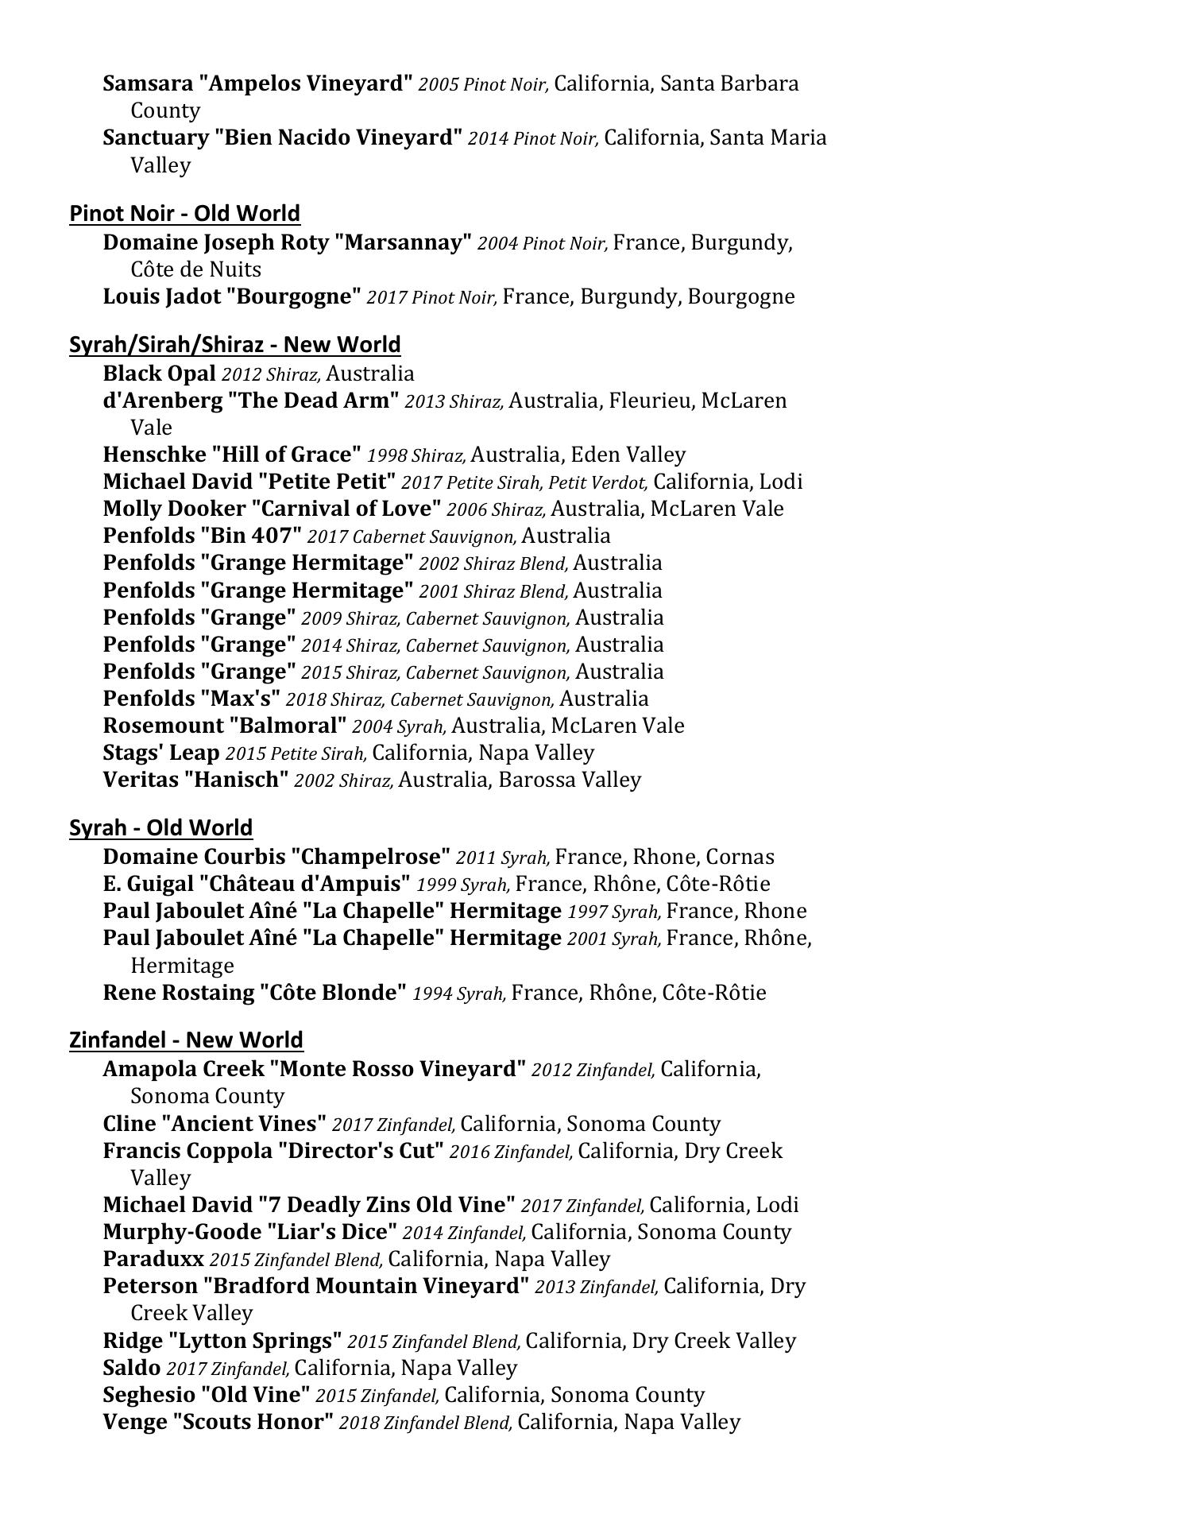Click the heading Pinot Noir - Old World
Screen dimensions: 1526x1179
coord(184,213)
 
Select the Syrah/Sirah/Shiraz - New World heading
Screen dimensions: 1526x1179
coord(234,344)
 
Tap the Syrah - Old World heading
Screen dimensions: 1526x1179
coord(160,827)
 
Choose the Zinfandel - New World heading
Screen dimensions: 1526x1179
coord(186,1040)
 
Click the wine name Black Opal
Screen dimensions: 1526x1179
coord(159,373)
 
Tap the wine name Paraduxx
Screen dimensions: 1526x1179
coord(153,1259)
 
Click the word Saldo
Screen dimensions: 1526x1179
coord(131,1368)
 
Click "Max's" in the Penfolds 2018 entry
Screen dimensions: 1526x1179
coord(240,699)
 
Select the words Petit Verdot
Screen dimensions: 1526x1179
coord(587,482)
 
